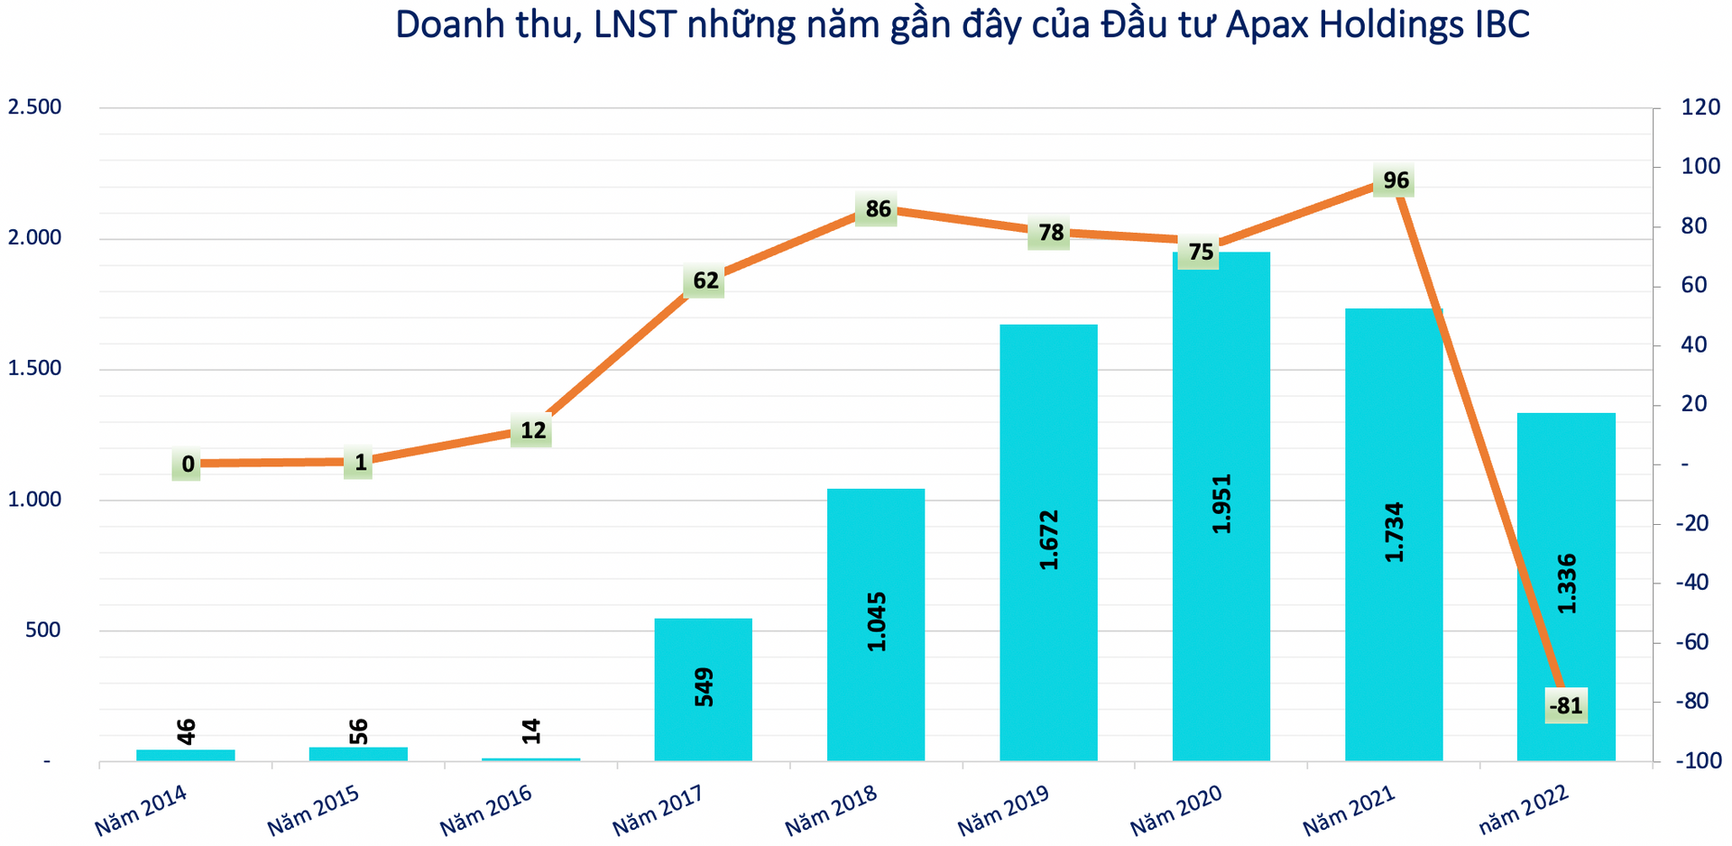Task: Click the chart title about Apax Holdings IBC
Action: pyautogui.click(x=962, y=24)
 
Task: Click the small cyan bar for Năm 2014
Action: pyautogui.click(x=186, y=755)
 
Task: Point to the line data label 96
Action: pyautogui.click(x=1395, y=180)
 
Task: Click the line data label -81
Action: pyautogui.click(x=1565, y=705)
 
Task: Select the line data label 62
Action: pyautogui.click(x=705, y=280)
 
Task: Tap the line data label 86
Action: pyautogui.click(x=877, y=209)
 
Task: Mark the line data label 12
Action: pyautogui.click(x=532, y=430)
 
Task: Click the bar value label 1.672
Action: pyautogui.click(x=1048, y=539)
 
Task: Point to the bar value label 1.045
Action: pyautogui.click(x=876, y=621)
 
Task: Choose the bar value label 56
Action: pyautogui.click(x=358, y=731)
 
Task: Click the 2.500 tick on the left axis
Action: pyautogui.click(x=34, y=107)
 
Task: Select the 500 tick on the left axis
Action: pyautogui.click(x=43, y=630)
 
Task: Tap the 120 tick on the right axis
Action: pyautogui.click(x=1700, y=107)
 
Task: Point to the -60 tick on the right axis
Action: pyautogui.click(x=1691, y=642)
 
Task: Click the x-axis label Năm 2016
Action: pyautogui.click(x=486, y=810)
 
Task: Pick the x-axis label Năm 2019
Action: pyautogui.click(x=1003, y=810)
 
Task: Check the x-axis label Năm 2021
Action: pyautogui.click(x=1349, y=810)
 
